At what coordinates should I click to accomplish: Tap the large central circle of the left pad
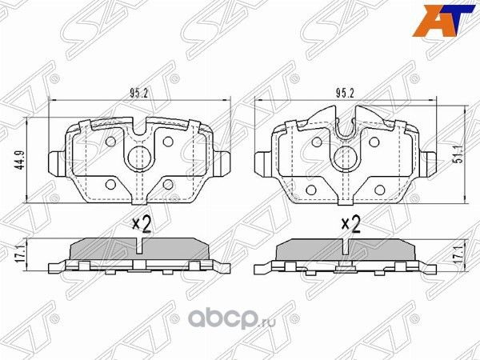[x=140, y=157]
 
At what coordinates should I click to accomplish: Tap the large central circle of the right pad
[x=346, y=157]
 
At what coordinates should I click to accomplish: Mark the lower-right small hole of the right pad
[x=374, y=182]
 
